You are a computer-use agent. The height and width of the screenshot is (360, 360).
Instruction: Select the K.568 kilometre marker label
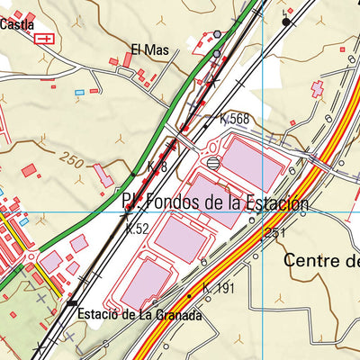point(234,118)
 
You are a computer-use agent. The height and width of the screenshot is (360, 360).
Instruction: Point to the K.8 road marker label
point(157,167)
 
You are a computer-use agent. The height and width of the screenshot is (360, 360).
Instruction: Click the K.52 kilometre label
point(137,229)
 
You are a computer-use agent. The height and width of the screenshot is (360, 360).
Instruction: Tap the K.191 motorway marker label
point(218,288)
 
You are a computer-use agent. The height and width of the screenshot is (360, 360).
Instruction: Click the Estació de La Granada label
point(139,316)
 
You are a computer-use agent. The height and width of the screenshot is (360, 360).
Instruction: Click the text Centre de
point(320,260)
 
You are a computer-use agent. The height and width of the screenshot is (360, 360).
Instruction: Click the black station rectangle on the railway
point(73,303)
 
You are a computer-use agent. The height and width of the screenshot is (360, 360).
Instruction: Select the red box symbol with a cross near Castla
point(42,38)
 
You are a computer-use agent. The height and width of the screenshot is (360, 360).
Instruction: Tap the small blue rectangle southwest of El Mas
point(79,92)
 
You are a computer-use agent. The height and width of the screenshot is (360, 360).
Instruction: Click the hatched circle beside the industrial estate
point(212,163)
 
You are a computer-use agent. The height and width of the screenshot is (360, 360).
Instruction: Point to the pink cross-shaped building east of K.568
point(317,89)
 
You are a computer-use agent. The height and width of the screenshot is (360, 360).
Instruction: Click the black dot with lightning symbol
point(286,21)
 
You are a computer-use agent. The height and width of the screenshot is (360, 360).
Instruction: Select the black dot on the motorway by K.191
point(189,294)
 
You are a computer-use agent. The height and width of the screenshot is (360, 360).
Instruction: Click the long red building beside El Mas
point(129,59)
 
